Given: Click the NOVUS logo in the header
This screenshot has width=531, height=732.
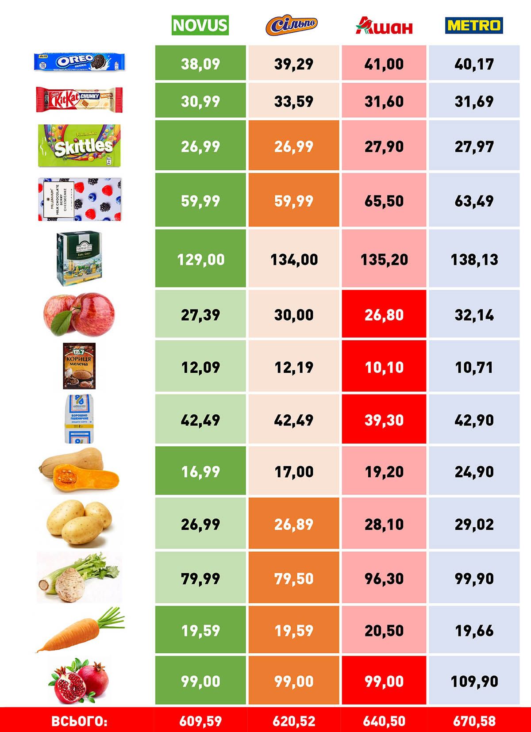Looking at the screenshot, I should [x=200, y=25].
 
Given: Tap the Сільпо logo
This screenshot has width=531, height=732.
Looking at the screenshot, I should [x=292, y=26].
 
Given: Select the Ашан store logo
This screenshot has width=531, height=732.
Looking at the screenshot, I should [x=384, y=26].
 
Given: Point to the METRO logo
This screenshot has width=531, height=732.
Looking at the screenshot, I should [x=474, y=25].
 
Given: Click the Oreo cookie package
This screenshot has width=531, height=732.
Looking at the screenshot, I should [x=79, y=62].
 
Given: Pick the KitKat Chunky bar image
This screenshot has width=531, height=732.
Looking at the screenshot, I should [x=79, y=99].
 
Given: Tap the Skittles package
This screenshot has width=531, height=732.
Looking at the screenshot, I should [x=79, y=146].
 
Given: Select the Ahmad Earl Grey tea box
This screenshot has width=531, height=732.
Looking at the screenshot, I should [x=79, y=258].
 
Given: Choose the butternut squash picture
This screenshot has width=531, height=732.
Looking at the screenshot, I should [x=79, y=471].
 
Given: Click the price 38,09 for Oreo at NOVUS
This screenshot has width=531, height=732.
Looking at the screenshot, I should [x=200, y=64].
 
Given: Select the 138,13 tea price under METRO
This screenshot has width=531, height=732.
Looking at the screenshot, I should [x=474, y=259].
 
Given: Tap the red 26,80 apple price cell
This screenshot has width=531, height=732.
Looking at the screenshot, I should [x=384, y=314].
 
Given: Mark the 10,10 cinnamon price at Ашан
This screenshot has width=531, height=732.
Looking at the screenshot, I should [x=384, y=367].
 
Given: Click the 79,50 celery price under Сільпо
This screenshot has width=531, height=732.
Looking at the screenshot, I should [x=294, y=578].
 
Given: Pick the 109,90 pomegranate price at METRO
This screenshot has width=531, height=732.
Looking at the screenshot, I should [x=474, y=681].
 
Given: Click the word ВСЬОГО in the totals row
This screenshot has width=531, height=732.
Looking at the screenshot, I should [x=79, y=721].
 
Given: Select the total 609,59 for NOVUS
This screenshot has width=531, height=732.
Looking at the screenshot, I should [x=200, y=721].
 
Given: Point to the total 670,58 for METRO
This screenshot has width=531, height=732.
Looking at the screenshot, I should [x=474, y=721].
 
